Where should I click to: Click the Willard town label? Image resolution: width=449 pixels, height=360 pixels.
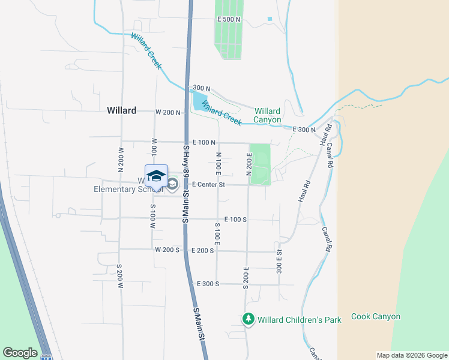[x=121, y=110]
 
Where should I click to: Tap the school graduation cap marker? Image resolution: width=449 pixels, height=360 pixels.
[x=156, y=175]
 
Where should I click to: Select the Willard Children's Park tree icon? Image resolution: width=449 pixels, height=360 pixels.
[x=249, y=319]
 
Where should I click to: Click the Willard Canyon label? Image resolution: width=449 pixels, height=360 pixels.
[x=267, y=115]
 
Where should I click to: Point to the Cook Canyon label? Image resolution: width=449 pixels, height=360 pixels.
[x=375, y=316]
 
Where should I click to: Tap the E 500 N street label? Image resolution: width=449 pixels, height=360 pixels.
[x=228, y=19]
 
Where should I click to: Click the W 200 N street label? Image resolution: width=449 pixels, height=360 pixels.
[x=167, y=112]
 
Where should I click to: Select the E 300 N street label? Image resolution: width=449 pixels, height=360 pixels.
[x=304, y=130]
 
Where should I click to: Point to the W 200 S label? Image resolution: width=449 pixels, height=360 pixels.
[x=167, y=250]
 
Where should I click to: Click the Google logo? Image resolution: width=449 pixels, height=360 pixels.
[x=20, y=353]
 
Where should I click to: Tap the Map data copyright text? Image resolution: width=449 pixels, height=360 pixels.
[x=412, y=356]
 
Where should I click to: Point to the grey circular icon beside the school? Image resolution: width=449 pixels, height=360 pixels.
[x=173, y=184]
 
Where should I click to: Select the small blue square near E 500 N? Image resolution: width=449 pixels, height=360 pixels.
[x=270, y=19]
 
